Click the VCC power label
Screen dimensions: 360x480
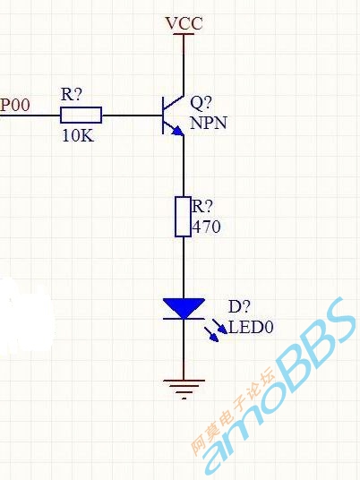(x=184, y=23)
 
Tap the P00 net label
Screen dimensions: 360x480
(x=15, y=105)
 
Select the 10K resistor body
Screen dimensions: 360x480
(x=81, y=116)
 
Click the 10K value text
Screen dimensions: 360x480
(x=78, y=135)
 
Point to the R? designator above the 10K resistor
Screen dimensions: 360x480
(x=72, y=94)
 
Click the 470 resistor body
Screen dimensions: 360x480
(x=184, y=217)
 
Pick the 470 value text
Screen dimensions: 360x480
(x=206, y=227)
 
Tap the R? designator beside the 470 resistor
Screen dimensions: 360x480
(x=201, y=206)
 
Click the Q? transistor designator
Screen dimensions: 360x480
(x=201, y=103)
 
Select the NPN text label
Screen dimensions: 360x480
(x=209, y=123)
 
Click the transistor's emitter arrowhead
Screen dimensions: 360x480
(x=177, y=131)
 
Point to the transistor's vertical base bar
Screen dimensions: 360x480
(x=163, y=116)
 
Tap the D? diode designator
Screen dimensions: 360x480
(x=239, y=306)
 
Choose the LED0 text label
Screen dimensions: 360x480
(x=251, y=327)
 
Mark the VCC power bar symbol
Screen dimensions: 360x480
(x=184, y=34)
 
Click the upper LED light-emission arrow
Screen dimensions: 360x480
(x=219, y=326)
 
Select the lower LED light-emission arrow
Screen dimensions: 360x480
(x=211, y=334)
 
